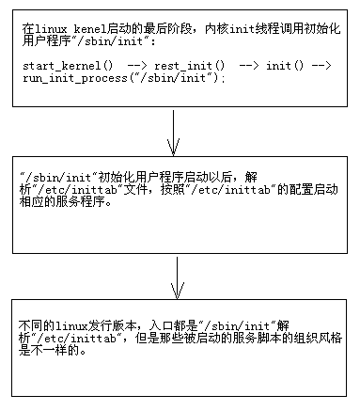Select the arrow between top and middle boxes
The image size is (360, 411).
pyautogui.click(x=173, y=132)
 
